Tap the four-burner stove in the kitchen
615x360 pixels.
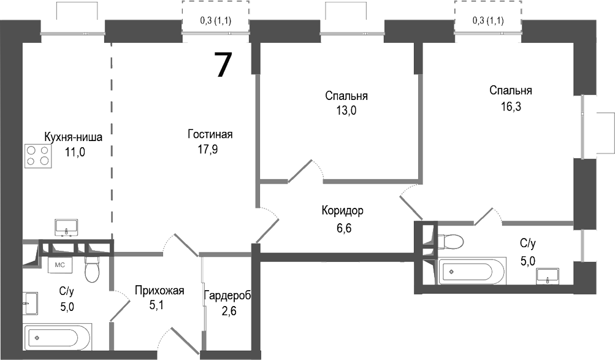pos(37,156)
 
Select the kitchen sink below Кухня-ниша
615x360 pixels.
pos(66,228)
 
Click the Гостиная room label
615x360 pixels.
pos(210,135)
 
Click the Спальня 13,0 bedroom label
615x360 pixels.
pos(346,96)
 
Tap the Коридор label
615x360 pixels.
pos(343,211)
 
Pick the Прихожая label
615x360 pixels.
pos(159,291)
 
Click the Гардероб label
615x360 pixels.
pos(227,296)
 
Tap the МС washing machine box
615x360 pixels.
pos(61,266)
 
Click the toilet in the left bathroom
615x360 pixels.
pos(93,268)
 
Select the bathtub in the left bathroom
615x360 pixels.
pos(58,337)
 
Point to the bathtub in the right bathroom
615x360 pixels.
pos(473,270)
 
